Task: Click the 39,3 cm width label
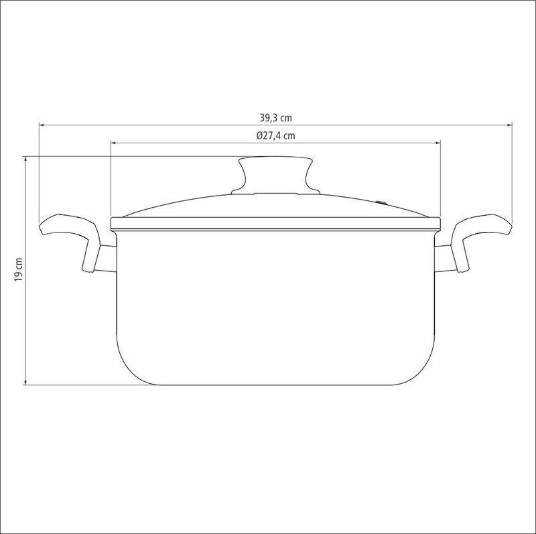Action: [275, 118]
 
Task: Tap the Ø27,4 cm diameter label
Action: [275, 136]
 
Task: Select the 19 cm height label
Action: [18, 270]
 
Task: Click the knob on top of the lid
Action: [275, 176]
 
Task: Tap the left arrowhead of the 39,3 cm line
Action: [42, 125]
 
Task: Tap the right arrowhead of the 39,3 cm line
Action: [509, 125]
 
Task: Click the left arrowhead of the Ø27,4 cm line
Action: [114, 143]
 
